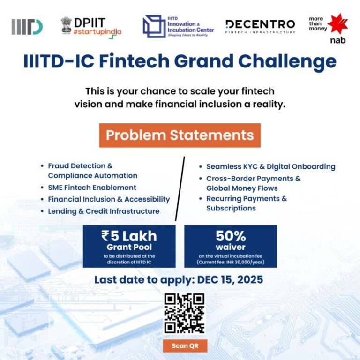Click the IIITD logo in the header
[27, 27]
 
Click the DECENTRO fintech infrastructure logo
[260, 26]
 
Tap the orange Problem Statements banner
[180, 135]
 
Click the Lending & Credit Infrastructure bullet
[104, 211]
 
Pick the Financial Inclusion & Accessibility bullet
[109, 199]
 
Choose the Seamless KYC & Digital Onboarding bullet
[270, 166]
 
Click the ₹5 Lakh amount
[129, 236]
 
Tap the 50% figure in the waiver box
[231, 236]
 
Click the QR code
[185, 313]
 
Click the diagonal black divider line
[180, 187]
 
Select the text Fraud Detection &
[80, 165]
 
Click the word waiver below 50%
[231, 247]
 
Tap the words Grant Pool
[129, 247]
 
